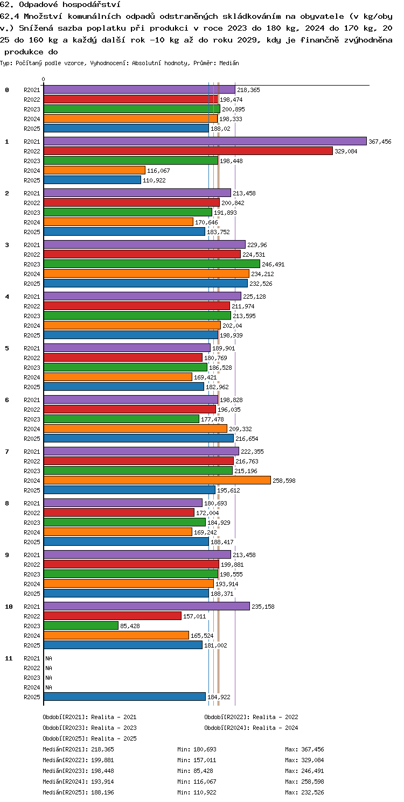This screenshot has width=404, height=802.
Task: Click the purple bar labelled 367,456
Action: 205,141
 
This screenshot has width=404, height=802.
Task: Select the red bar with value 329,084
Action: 188,151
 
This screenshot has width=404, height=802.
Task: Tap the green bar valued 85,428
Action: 81,625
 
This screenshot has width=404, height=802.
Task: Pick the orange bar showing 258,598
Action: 157,480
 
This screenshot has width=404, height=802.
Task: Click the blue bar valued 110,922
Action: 93,180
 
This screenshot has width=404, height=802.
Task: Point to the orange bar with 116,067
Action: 95,170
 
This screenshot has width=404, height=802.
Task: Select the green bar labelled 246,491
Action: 152,264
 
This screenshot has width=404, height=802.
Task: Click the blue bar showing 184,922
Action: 124,697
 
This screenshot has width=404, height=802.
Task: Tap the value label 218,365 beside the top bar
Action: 248,90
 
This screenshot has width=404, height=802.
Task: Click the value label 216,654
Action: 247,439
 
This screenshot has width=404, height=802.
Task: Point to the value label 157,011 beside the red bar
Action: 194,616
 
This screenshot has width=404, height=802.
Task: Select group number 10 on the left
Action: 9,607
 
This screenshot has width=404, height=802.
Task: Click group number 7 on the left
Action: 7,452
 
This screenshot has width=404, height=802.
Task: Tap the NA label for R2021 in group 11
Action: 48,658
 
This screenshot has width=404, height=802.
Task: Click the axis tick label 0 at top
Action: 43,79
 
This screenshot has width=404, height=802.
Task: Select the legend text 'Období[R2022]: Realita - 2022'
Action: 251,717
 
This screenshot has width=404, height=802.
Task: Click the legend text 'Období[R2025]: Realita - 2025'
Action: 89,738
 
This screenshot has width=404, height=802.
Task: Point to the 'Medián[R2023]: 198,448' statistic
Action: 78,770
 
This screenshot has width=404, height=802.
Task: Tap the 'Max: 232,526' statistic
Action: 304,792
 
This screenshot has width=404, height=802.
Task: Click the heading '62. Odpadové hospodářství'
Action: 60,5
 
